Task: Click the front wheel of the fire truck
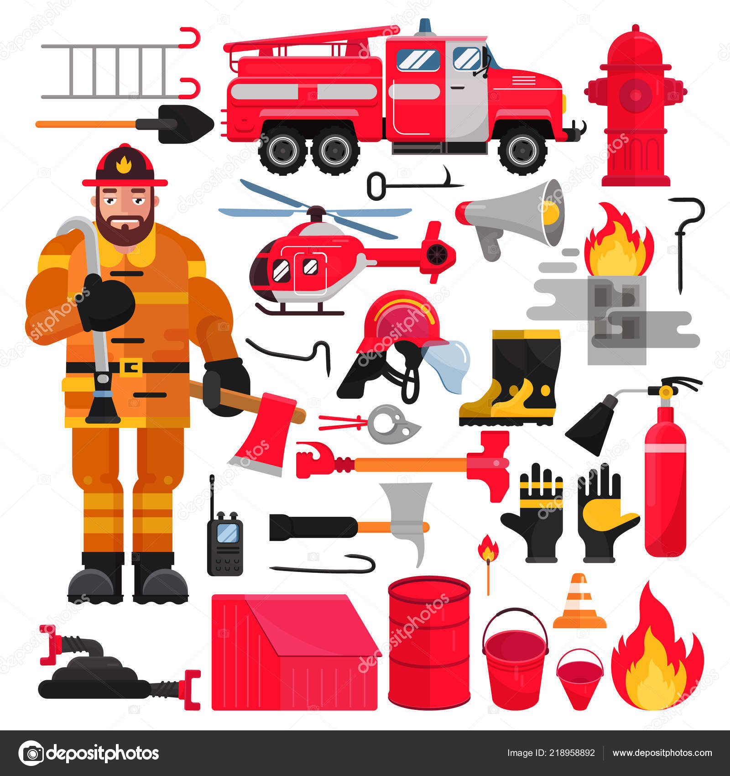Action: pyautogui.click(x=522, y=150)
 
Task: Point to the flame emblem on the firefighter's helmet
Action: pyautogui.click(x=124, y=164)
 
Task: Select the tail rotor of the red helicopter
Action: pyautogui.click(x=437, y=252)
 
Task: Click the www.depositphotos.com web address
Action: pyautogui.click(x=662, y=753)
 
